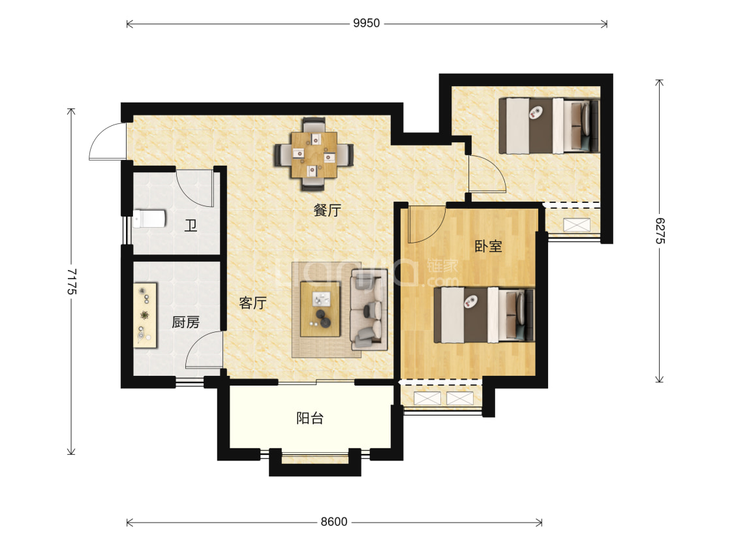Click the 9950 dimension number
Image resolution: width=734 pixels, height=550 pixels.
366,23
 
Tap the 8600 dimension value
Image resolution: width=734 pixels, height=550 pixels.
334,522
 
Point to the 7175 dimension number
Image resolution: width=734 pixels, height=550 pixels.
71,281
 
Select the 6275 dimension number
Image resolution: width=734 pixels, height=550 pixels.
659,230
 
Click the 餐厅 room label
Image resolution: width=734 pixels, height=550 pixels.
328,211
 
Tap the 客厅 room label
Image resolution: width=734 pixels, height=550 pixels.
252,303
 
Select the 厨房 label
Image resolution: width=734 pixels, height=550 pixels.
185,322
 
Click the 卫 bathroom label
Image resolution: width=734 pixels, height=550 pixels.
190,226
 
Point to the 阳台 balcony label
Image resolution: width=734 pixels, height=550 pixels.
310,418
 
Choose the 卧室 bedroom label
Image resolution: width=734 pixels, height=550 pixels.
488,246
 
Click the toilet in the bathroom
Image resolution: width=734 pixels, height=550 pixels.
149,219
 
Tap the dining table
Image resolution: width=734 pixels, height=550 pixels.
314,155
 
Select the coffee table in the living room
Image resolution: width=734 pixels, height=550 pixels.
320,309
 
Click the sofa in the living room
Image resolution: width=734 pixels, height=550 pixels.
369,309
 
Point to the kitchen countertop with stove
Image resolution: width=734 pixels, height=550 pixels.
145,315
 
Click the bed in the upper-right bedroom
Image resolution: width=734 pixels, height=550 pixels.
549,125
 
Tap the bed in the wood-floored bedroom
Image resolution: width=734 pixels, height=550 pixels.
484,315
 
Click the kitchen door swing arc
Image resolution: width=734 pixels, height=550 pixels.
203,348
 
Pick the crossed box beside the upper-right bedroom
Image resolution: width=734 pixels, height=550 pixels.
576,224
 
